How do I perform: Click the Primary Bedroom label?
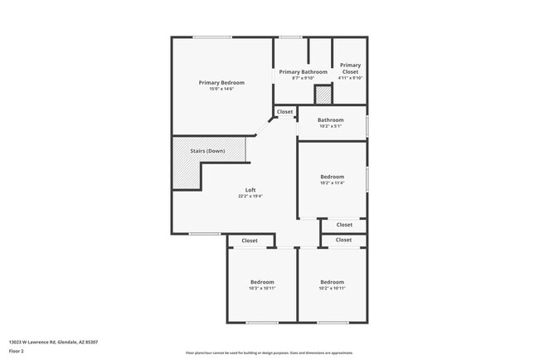[x=221, y=82]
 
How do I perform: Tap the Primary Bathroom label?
[x=303, y=72]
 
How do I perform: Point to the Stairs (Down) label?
[x=207, y=151]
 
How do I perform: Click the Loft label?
[x=250, y=190]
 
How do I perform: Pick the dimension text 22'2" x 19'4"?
[x=250, y=197]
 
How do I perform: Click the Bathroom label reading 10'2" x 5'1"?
[x=330, y=120]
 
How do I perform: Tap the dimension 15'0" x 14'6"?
[x=221, y=89]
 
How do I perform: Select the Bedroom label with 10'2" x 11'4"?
[x=332, y=177]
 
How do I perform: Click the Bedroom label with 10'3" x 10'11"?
[x=261, y=282]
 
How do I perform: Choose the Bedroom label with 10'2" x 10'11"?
[x=332, y=282]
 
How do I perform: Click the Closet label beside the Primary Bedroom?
[x=284, y=111]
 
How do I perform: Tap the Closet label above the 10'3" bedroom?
[x=250, y=241]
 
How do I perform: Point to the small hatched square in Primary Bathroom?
[x=323, y=95]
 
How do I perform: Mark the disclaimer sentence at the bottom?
[x=269, y=353]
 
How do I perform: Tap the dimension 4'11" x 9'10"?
[x=350, y=79]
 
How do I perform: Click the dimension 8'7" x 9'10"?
[x=303, y=79]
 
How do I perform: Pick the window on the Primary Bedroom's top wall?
[x=213, y=36]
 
